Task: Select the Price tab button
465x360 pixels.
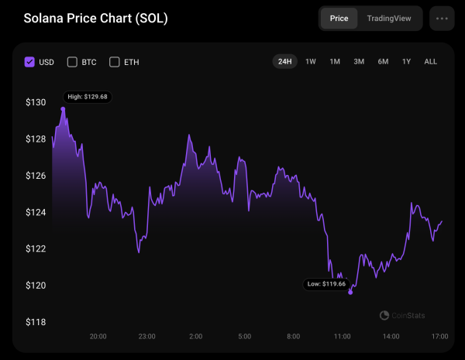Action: [x=339, y=18]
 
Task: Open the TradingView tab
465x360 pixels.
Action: [x=389, y=18]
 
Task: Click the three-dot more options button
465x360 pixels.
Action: [x=442, y=18]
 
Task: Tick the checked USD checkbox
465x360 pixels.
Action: [x=30, y=62]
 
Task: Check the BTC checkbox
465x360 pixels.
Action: [x=73, y=62]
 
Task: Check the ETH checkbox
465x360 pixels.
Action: [x=115, y=62]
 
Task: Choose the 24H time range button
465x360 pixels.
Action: [x=284, y=61]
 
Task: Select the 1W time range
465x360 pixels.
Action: [x=311, y=61]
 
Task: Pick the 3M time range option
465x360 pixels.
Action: [x=359, y=61]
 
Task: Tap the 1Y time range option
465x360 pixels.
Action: [x=406, y=61]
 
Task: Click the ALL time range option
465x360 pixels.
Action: [x=431, y=61]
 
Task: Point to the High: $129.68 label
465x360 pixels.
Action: [x=88, y=97]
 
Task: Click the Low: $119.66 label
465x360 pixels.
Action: [x=325, y=284]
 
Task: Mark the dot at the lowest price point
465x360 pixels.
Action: [x=351, y=292]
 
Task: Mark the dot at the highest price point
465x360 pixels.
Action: [x=63, y=109]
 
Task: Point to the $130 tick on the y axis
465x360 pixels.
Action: [x=36, y=102]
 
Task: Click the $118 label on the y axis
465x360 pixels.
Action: [x=36, y=322]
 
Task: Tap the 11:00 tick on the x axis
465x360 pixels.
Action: [x=342, y=337]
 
